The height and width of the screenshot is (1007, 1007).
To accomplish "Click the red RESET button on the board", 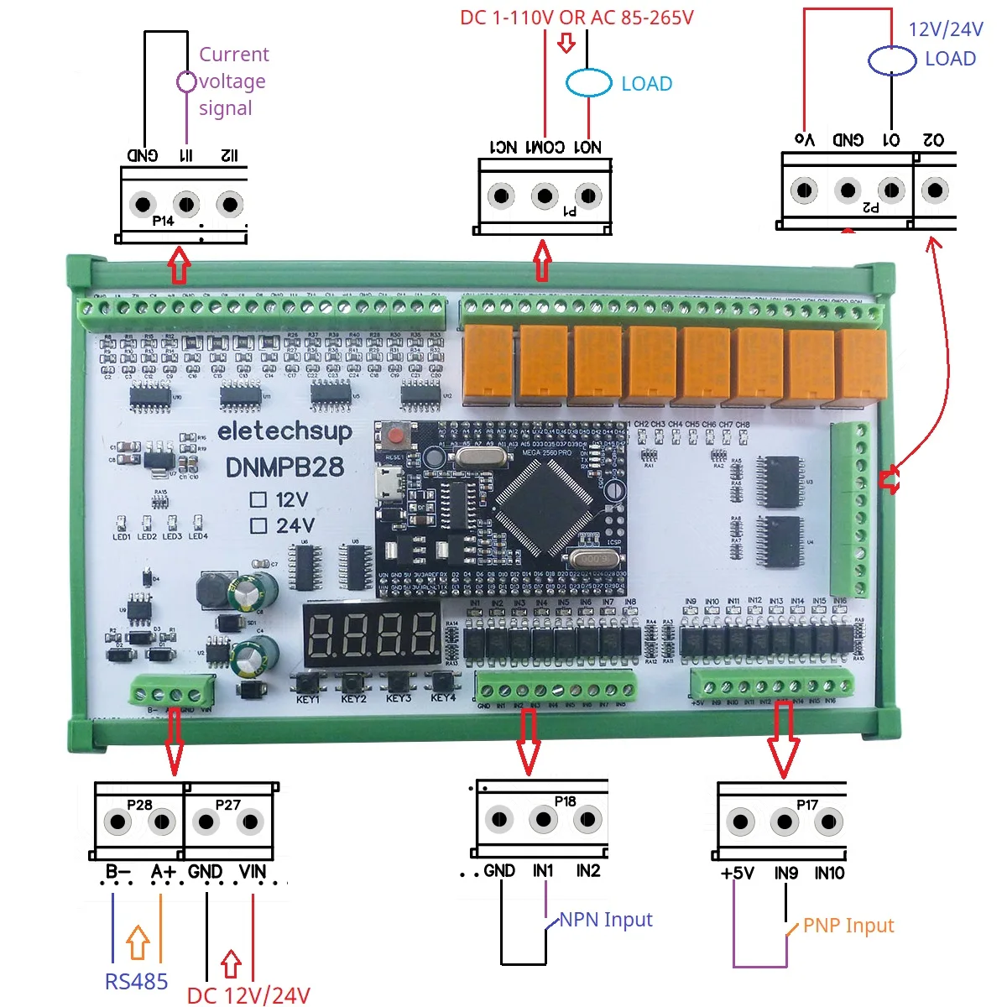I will (x=395, y=436).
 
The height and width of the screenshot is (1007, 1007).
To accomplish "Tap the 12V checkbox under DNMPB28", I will (x=258, y=500).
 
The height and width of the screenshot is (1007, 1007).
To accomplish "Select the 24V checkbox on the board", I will (x=258, y=526).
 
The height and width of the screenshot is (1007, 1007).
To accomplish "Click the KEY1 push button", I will (x=307, y=681).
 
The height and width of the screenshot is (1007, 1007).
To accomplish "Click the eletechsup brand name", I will (x=284, y=431).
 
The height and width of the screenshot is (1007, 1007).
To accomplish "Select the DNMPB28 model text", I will (x=284, y=467).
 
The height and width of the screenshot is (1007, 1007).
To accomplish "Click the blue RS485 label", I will (x=136, y=981).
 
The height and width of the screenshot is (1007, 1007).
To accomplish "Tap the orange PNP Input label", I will (x=848, y=926).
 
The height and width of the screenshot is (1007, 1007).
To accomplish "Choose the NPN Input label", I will (x=605, y=920).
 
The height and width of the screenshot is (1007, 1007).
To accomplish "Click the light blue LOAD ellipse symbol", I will (x=588, y=83).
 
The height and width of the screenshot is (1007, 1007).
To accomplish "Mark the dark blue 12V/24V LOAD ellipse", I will (x=891, y=60).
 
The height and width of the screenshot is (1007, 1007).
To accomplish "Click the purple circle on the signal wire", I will (x=186, y=81).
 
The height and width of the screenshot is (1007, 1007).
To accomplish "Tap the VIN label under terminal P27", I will (x=252, y=872).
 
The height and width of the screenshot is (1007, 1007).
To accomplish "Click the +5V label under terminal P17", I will (x=737, y=874).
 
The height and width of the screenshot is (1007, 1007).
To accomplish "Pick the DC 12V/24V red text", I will (x=248, y=995).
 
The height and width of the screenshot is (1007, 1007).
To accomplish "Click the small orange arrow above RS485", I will (x=138, y=942).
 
